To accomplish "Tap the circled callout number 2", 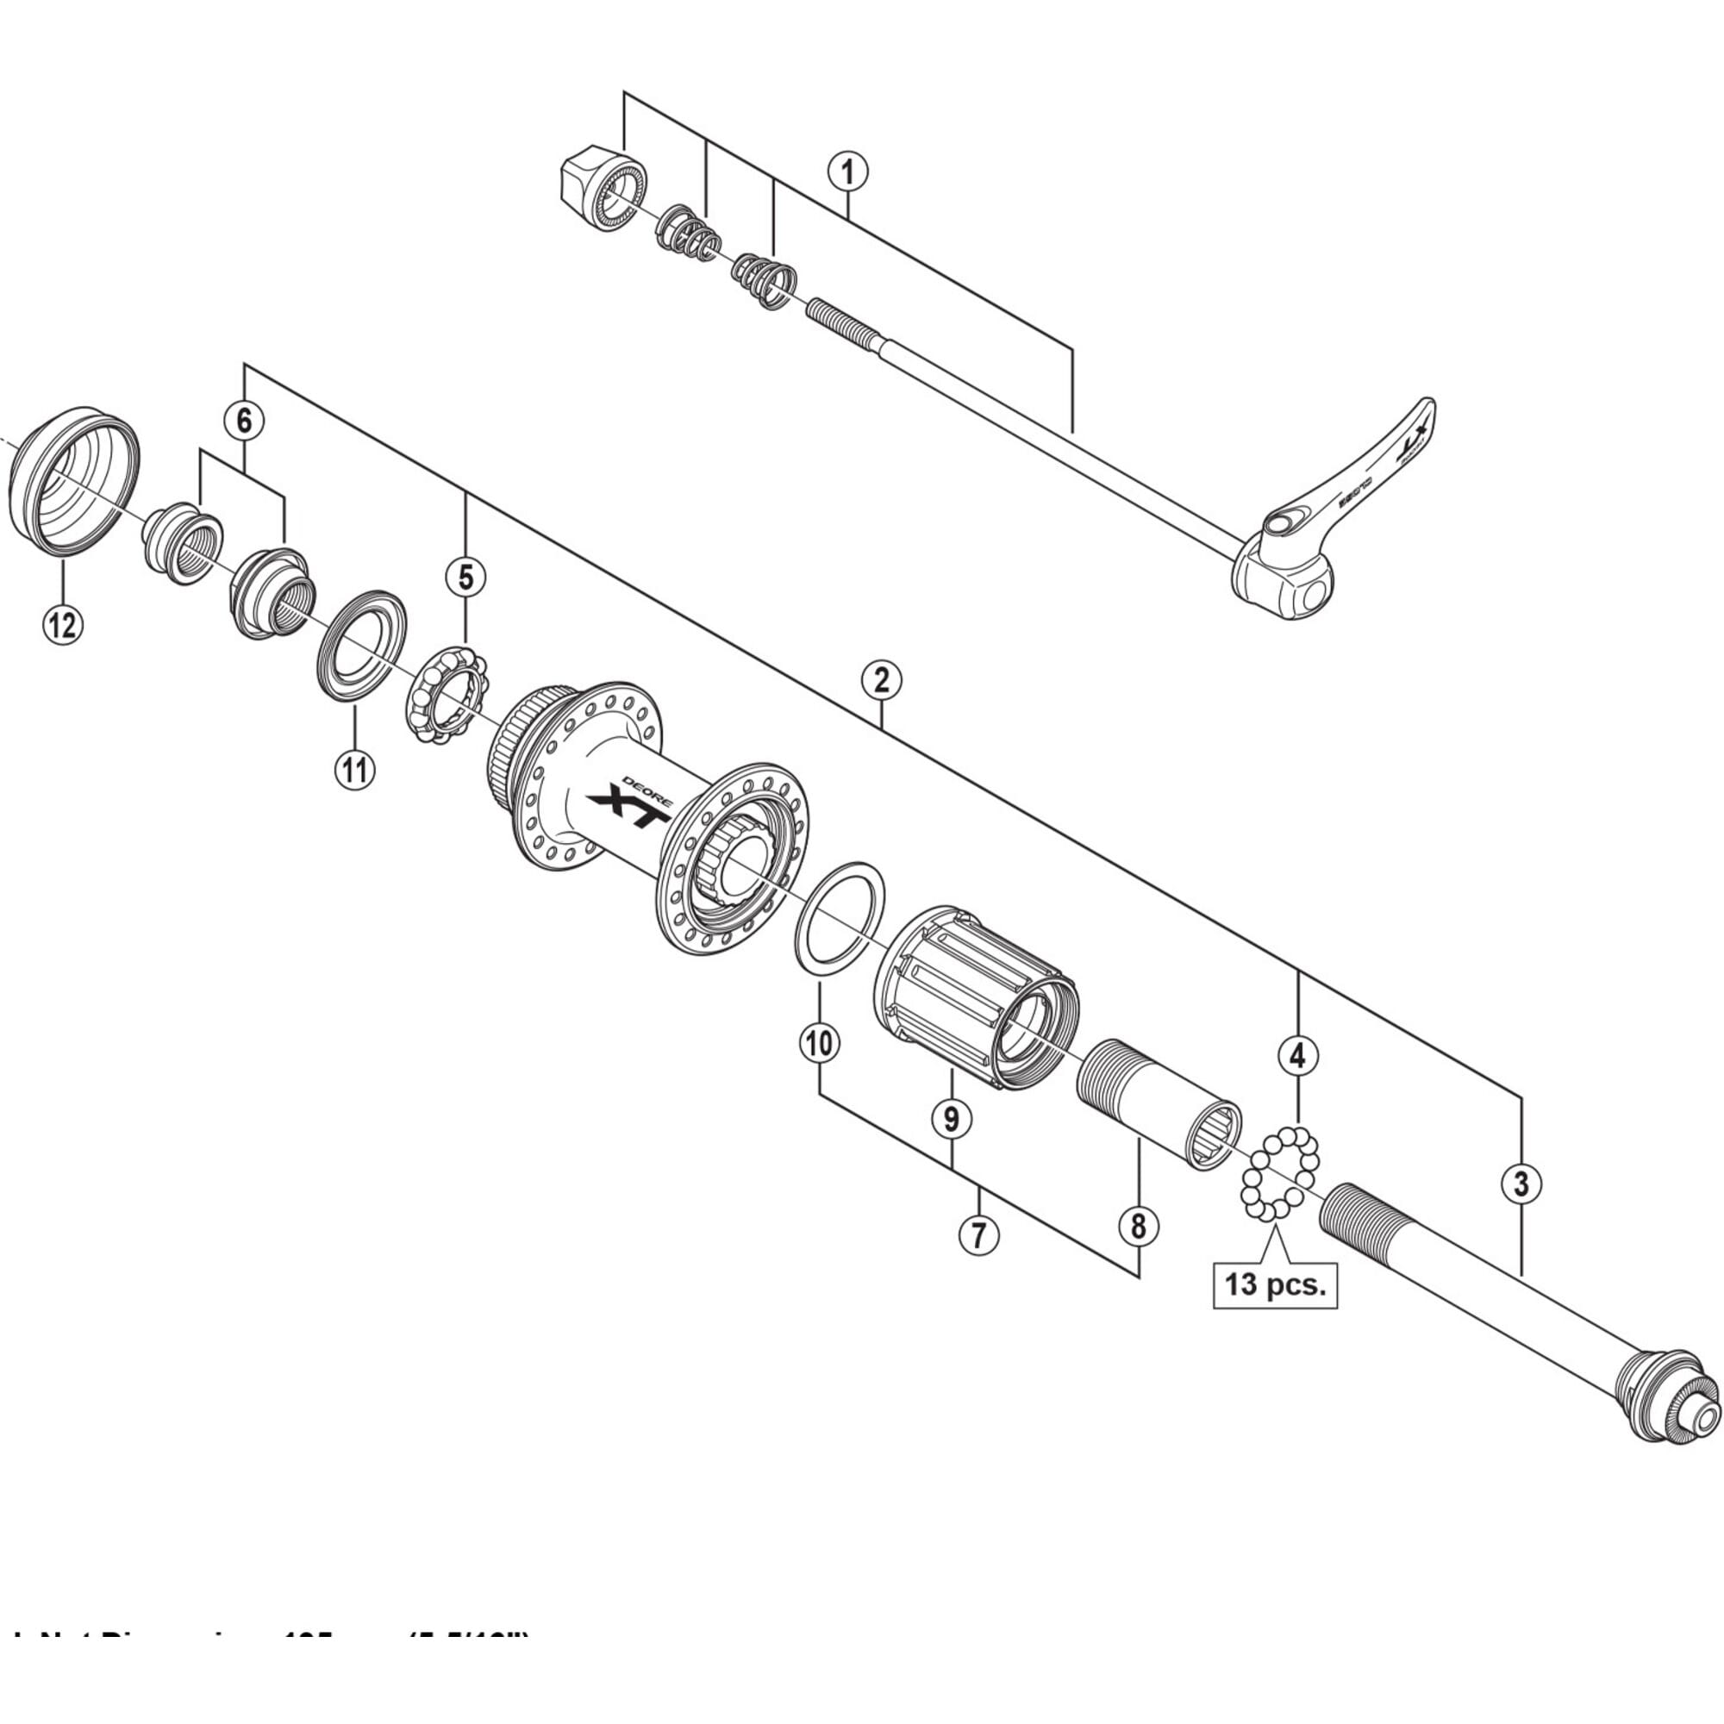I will pos(881,682).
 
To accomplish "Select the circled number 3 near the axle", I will pos(1521,1184).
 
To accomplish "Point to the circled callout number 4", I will pos(1297,1056).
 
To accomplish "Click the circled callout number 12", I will pos(62,625).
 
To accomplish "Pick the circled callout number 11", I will pos(354,768).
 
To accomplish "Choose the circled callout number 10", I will pos(819,1042).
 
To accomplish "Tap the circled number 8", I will pos(1138,1227).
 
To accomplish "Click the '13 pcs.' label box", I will pos(1275,1285).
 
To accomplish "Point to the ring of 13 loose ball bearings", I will pos(1279,1172).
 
